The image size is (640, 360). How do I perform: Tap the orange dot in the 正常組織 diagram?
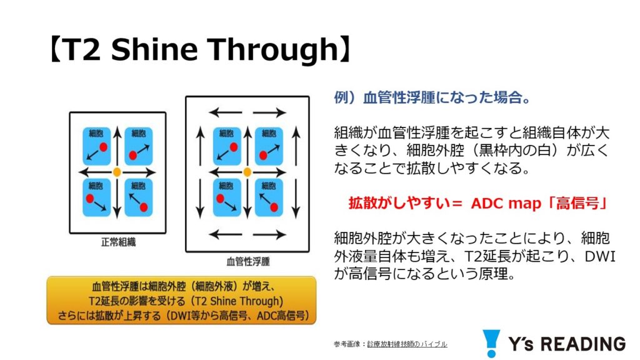[x=117, y=172]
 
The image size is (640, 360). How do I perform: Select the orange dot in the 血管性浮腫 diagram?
[x=247, y=172]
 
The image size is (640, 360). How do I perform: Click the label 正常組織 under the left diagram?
[x=118, y=242]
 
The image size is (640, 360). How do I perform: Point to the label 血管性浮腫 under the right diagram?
[x=248, y=261]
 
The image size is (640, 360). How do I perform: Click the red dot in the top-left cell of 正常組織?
[x=103, y=147]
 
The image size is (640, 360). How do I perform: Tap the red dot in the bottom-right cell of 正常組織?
[x=144, y=207]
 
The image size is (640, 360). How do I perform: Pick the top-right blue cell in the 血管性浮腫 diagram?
[x=269, y=146]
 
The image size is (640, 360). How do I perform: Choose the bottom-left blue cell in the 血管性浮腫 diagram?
[x=226, y=197]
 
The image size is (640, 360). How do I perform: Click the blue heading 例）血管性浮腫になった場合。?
[x=432, y=98]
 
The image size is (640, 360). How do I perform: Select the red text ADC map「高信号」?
[x=539, y=203]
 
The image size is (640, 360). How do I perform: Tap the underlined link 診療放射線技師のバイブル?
[x=407, y=344]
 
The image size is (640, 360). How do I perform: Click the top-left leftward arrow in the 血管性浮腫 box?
[x=225, y=112]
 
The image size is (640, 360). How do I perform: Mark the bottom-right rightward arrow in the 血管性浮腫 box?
[x=269, y=235]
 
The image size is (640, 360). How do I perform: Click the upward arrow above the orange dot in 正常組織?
[x=117, y=147]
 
